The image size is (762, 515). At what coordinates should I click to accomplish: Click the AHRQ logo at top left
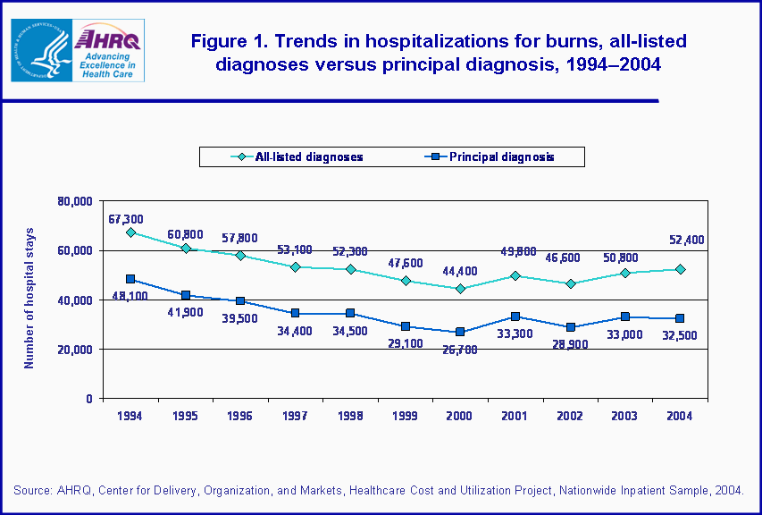(89, 50)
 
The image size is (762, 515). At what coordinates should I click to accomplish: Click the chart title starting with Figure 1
(425, 54)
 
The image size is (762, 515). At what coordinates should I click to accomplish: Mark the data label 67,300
(126, 218)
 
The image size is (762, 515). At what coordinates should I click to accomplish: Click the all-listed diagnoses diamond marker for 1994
(130, 232)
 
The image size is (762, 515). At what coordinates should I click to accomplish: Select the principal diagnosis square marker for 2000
(460, 332)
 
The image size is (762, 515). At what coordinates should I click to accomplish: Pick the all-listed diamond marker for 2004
(680, 269)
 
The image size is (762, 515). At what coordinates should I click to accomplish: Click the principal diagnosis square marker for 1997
(296, 313)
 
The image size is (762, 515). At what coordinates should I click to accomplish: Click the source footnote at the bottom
(380, 490)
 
